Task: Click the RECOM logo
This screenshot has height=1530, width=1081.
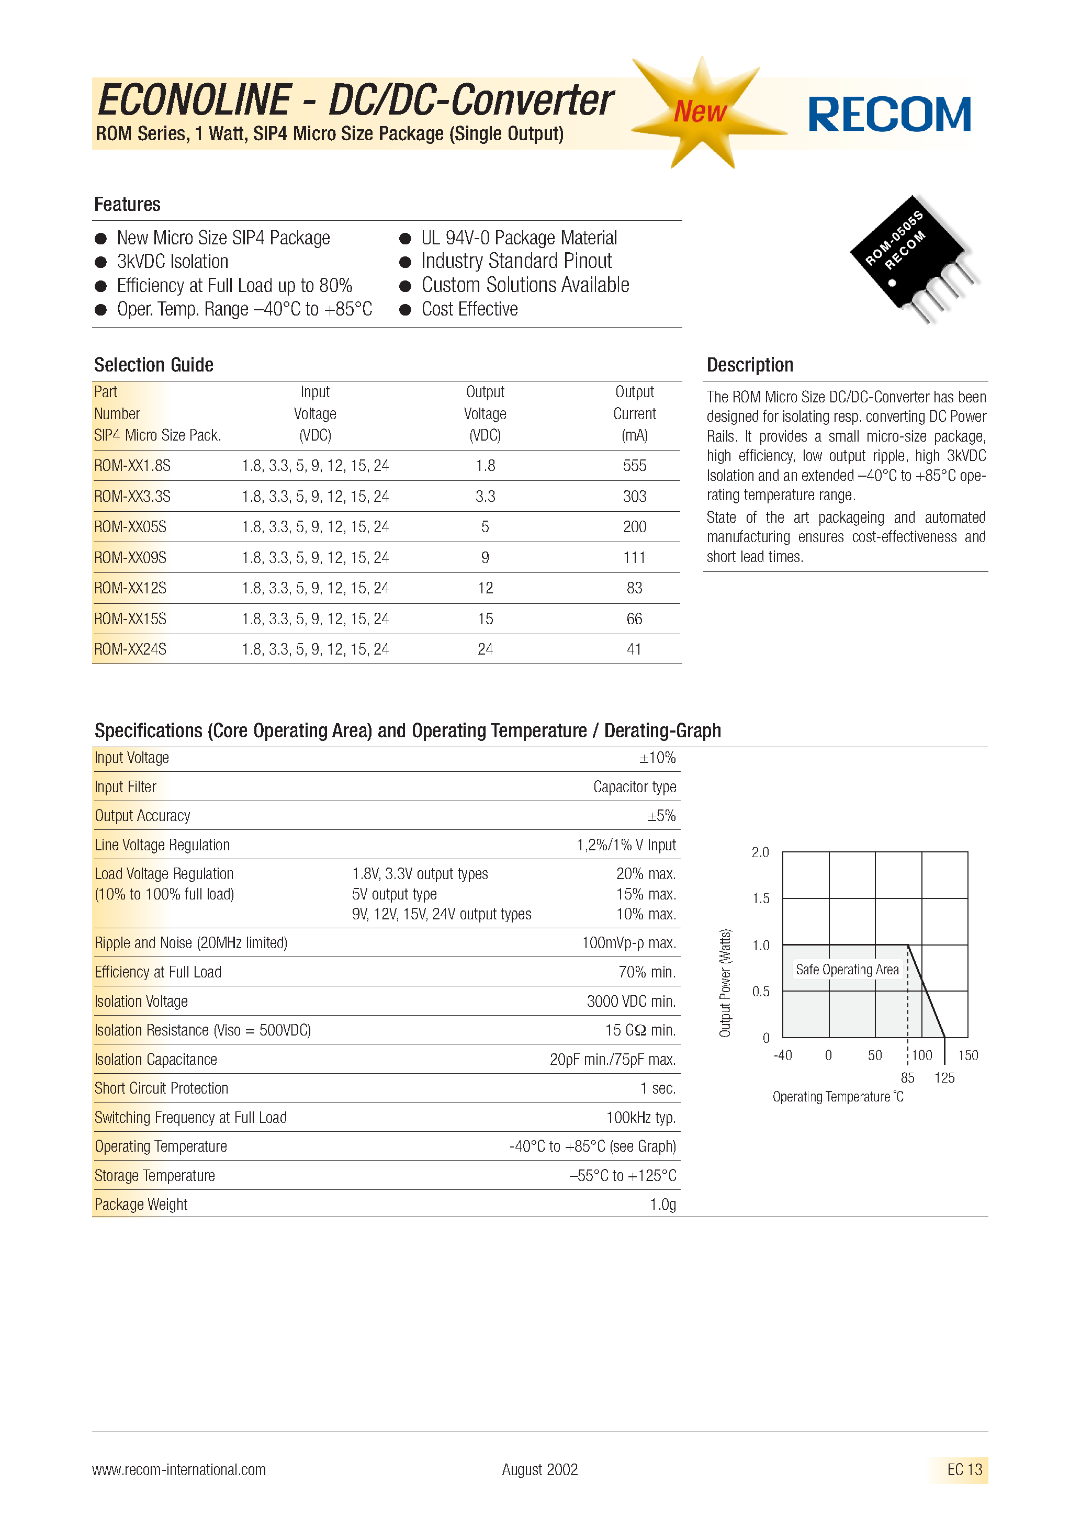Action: click(x=889, y=115)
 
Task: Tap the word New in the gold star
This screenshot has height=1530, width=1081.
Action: click(x=699, y=111)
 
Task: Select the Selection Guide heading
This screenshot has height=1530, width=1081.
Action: click(x=153, y=365)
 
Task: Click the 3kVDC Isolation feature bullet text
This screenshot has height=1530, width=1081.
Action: click(x=172, y=262)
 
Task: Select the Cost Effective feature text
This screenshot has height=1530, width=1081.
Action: click(x=469, y=309)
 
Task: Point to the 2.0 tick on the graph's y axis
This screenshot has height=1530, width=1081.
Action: click(x=760, y=852)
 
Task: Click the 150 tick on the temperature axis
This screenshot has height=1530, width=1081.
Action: click(x=967, y=1055)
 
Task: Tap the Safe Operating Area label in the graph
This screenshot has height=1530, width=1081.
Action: click(x=847, y=970)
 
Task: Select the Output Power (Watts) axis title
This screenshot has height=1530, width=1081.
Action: click(x=725, y=982)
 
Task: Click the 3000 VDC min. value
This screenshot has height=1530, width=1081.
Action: click(x=630, y=1002)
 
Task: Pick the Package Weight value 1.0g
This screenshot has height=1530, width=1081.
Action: click(x=662, y=1205)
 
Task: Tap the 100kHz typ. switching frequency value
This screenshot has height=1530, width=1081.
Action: click(x=640, y=1118)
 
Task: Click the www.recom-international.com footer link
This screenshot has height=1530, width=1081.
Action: click(x=178, y=1469)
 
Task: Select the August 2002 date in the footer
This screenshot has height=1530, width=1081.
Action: click(x=540, y=1469)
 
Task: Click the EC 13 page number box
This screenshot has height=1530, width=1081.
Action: click(x=964, y=1469)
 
